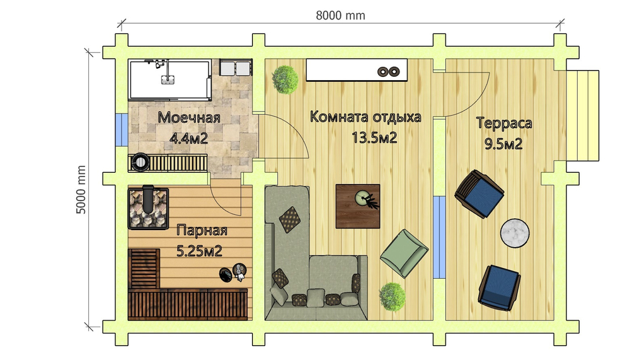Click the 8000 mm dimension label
tap(340, 15)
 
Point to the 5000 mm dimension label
tap(81, 191)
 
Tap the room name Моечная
tap(188, 118)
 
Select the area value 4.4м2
tap(188, 138)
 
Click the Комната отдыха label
tap(365, 117)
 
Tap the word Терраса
tap(503, 123)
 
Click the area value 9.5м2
tap(503, 144)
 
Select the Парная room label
tap(201, 230)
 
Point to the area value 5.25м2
tap(200, 251)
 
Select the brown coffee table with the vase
tap(358, 206)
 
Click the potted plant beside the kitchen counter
tap(285, 79)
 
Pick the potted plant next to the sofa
tap(391, 294)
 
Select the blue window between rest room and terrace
tap(439, 235)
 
